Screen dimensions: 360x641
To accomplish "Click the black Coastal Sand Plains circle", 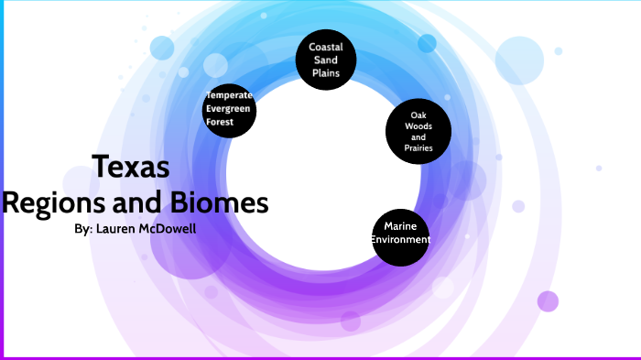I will click(326, 61).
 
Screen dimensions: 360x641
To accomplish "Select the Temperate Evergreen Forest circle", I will click(229, 108).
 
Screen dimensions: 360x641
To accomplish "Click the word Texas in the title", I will click(131, 167).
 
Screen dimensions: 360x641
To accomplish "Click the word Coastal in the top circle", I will click(326, 47).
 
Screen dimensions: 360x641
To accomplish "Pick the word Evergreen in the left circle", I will click(229, 108).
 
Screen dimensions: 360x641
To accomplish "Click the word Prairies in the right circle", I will click(418, 148).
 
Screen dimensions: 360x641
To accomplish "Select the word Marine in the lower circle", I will click(401, 225).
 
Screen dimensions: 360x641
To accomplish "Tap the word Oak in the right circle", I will click(418, 115).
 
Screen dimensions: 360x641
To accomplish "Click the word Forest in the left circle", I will click(220, 121).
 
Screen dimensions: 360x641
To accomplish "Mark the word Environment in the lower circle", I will click(401, 240).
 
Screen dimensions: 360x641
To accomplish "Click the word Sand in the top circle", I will click(326, 61).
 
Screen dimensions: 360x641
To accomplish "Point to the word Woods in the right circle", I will click(418, 125).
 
